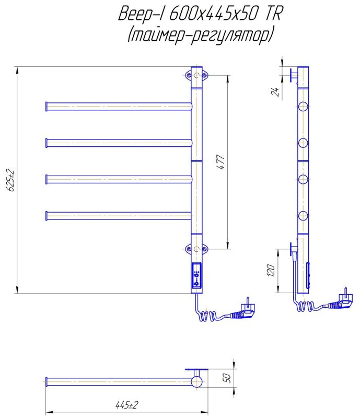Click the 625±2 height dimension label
11,180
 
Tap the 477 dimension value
221,161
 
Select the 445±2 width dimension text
127,405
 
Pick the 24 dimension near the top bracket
275,91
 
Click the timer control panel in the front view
197,276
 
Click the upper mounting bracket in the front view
196,75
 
